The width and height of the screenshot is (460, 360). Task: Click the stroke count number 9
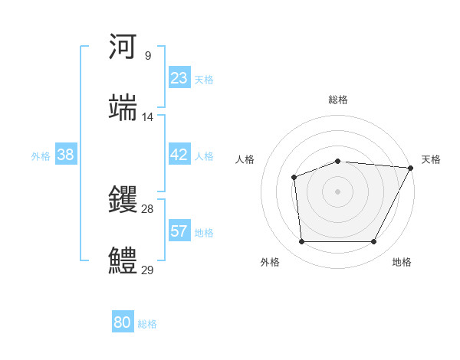coord(148,55)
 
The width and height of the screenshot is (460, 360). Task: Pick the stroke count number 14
coord(148,116)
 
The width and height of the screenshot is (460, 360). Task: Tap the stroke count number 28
coord(148,209)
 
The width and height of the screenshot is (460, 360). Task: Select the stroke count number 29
coord(148,270)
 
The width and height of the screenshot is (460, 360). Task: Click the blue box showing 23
coord(179,78)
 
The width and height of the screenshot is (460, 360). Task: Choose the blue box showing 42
coord(179,155)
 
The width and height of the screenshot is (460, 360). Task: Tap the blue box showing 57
coord(179,231)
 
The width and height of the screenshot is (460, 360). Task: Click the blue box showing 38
coord(66,155)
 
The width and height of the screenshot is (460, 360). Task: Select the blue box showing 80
coord(123,323)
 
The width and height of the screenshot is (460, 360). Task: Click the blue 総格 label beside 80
coord(147,324)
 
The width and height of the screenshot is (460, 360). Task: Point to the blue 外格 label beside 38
coord(41,155)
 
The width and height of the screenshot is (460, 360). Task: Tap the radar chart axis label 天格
coord(431,159)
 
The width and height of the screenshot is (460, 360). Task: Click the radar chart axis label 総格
coord(338,100)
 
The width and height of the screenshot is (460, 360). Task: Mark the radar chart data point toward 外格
coord(301,242)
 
